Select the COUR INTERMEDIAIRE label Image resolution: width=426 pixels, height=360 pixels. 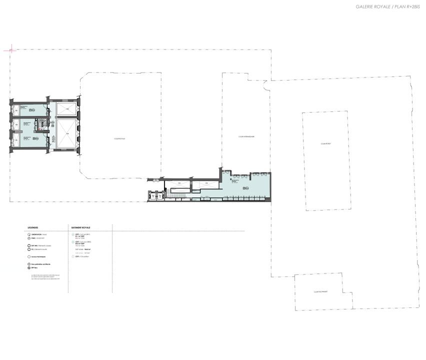pos(246,136)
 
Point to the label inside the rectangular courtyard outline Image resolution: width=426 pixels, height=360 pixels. pos(326,143)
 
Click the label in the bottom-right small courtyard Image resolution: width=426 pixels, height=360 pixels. pos(320,291)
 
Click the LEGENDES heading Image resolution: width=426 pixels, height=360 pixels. pos(33,227)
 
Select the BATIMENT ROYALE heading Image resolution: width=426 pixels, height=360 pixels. pos(81,227)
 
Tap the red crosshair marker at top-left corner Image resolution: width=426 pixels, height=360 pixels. pos(10,50)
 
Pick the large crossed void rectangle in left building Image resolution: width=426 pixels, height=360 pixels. pos(65,133)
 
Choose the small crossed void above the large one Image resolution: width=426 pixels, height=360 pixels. pos(65,109)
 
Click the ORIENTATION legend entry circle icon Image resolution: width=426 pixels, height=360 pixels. pos(29,234)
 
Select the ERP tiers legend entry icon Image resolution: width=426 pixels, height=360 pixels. pos(29,268)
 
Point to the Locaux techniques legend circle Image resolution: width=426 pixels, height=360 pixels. pos(29,256)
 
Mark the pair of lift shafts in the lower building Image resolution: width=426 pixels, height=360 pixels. pos(155,196)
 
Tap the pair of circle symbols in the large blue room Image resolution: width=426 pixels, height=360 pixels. pos(244,188)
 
